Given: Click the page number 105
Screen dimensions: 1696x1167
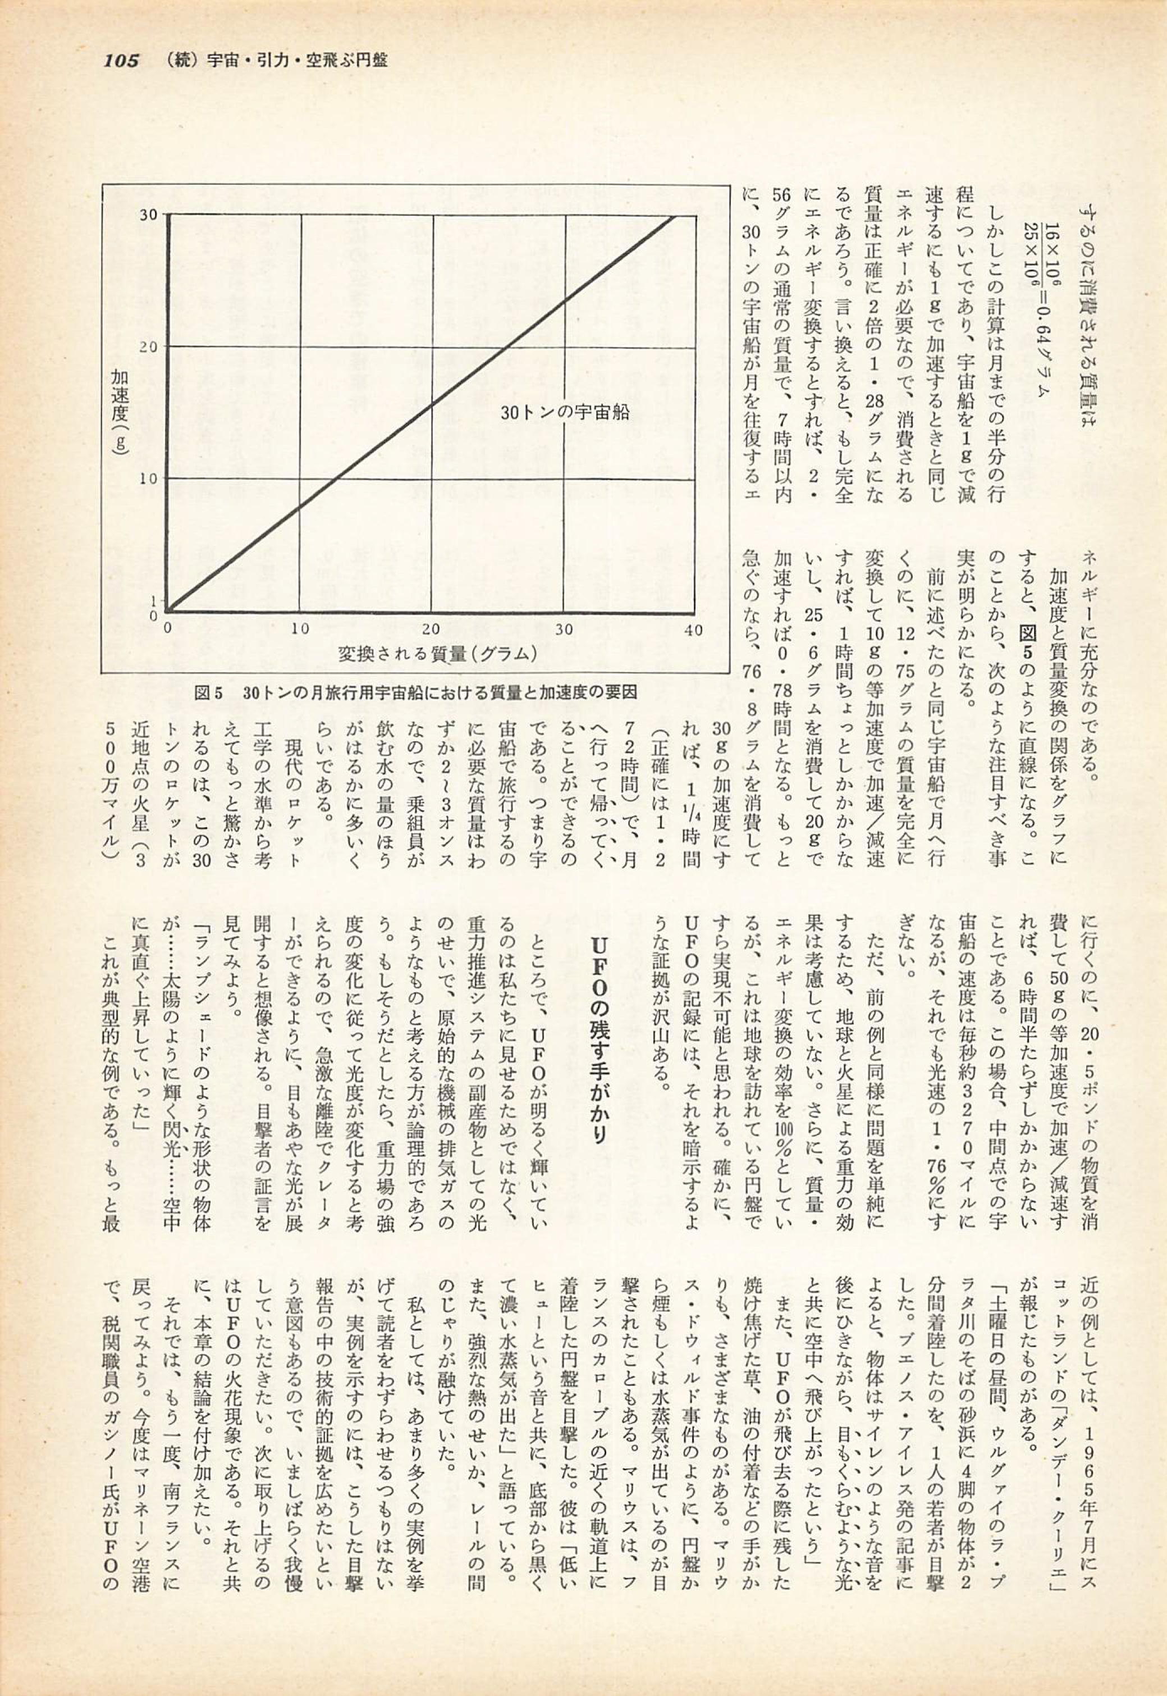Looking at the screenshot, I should (x=121, y=61).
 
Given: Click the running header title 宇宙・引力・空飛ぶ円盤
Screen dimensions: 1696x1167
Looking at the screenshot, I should (x=297, y=61).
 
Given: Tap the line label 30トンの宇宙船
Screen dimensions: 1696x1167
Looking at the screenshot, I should (x=565, y=412).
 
